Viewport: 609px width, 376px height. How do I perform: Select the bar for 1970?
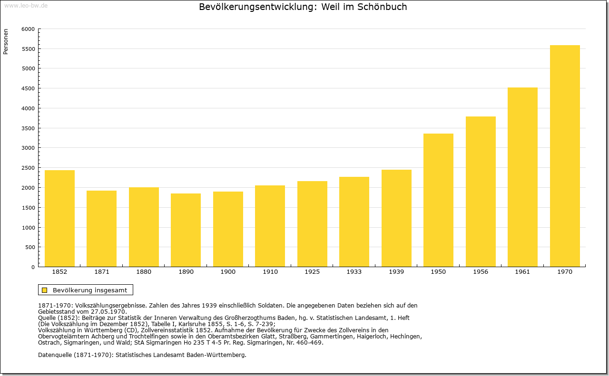[565, 156]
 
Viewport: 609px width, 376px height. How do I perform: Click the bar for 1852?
[59, 219]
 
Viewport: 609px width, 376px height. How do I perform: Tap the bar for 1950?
[438, 200]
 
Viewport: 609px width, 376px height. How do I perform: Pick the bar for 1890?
[186, 230]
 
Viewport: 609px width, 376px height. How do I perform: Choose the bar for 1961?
[522, 177]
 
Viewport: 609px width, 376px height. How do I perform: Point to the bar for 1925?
[312, 224]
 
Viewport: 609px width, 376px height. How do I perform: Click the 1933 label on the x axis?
[354, 272]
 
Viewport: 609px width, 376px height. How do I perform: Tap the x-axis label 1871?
[102, 272]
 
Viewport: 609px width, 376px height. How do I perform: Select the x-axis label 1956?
[481, 272]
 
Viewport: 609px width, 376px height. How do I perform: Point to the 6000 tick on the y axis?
[28, 29]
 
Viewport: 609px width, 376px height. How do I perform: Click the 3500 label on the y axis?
[28, 128]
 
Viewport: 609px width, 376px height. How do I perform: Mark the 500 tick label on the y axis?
[30, 247]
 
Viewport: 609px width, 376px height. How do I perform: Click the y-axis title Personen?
[6, 41]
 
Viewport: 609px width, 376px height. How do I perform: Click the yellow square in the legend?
[45, 290]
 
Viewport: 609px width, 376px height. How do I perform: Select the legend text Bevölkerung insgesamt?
[90, 290]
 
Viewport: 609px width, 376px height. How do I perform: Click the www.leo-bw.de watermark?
[26, 5]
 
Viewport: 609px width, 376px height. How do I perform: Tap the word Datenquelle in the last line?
[55, 355]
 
